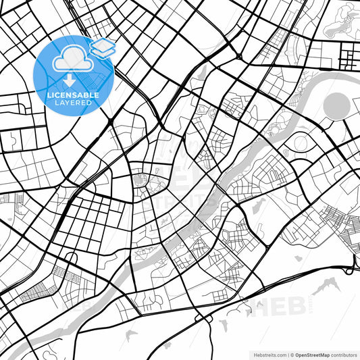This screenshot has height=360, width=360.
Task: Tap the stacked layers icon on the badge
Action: pos(102,47)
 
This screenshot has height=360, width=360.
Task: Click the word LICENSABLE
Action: pos(72,95)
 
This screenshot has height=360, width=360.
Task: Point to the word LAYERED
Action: pos(72,104)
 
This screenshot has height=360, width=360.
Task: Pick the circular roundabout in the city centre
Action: pos(140,180)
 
